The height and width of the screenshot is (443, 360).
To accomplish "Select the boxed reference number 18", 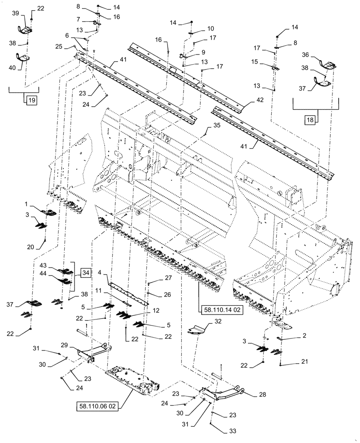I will (310, 120).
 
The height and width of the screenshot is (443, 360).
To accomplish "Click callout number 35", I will (216, 126).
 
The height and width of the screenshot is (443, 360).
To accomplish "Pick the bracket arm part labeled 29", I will (91, 352).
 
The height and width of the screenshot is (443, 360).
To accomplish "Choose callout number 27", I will (155, 278).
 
